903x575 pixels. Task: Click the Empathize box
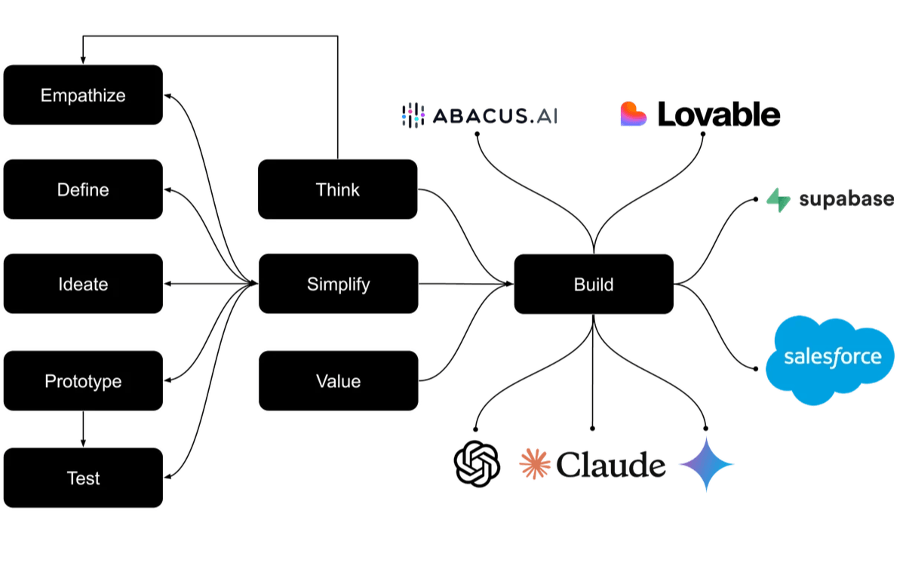[x=83, y=96]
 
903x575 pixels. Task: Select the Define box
[x=83, y=189]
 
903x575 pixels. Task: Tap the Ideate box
[x=83, y=284]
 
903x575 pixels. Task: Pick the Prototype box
[x=83, y=381]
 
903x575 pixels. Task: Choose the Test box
[x=83, y=478]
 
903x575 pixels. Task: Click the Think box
[x=338, y=189]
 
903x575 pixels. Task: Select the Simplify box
[x=338, y=284]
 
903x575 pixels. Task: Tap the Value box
[x=338, y=381]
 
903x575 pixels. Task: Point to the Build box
[x=594, y=284]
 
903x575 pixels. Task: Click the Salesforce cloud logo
[x=832, y=355]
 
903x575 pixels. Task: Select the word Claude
[x=611, y=465]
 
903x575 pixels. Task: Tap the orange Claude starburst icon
[x=534, y=463]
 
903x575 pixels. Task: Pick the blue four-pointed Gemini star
[x=705, y=464]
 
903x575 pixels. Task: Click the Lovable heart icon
[x=633, y=115]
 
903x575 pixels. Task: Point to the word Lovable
[x=718, y=115]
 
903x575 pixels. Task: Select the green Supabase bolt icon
[x=777, y=199]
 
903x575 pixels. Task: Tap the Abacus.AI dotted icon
[x=413, y=115]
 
